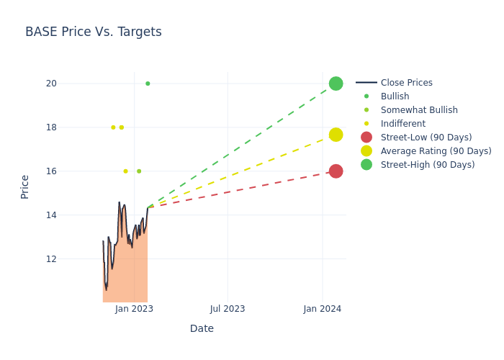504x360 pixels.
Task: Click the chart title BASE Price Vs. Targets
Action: pyautogui.click(x=94, y=32)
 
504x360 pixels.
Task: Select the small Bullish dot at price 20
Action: pyautogui.click(x=148, y=84)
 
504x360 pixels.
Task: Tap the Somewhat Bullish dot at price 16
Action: pyautogui.click(x=139, y=171)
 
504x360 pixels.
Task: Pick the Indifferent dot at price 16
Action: pyautogui.click(x=125, y=171)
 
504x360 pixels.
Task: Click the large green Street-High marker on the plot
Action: pyautogui.click(x=336, y=84)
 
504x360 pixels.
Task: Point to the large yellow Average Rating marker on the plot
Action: pyautogui.click(x=336, y=135)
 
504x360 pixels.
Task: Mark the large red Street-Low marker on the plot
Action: pyautogui.click(x=336, y=171)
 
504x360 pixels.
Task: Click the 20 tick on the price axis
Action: pyautogui.click(x=50, y=84)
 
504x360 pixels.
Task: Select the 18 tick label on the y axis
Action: pyautogui.click(x=50, y=127)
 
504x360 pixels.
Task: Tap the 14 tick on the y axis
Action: pyautogui.click(x=50, y=215)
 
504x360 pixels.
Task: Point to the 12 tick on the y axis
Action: pyautogui.click(x=50, y=259)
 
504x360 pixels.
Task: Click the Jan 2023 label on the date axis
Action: pyautogui.click(x=134, y=309)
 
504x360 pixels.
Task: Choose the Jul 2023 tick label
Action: pyautogui.click(x=228, y=309)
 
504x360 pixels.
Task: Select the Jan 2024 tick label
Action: pyautogui.click(x=322, y=309)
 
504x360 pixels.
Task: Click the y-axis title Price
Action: pyautogui.click(x=25, y=186)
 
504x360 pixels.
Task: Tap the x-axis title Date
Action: pyautogui.click(x=202, y=329)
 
